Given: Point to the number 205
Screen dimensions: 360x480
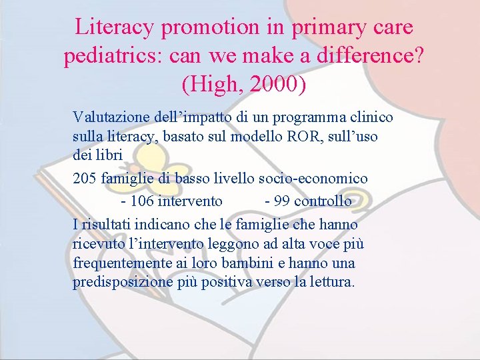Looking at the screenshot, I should [84, 179].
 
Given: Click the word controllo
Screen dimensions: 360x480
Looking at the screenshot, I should [323, 201].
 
